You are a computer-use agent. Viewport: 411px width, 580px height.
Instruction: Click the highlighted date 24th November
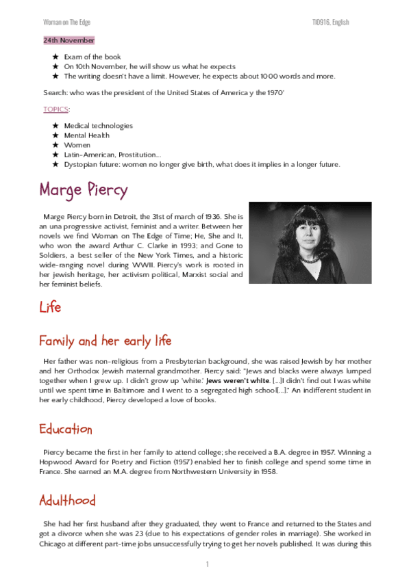point(68,40)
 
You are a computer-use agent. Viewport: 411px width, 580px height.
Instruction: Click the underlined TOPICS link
point(56,109)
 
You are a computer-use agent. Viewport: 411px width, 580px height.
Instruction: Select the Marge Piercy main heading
point(83,189)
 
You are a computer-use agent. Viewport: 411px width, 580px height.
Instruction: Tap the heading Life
point(50,307)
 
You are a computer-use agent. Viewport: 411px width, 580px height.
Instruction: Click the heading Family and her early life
point(105,341)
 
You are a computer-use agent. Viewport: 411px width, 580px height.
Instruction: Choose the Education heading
point(66,430)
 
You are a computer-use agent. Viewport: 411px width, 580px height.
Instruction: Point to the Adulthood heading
point(67,501)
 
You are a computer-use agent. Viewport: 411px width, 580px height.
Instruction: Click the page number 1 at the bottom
point(207,564)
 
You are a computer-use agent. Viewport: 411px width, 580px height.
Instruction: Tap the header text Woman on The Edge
point(66,23)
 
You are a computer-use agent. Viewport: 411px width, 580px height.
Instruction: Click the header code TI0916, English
point(330,23)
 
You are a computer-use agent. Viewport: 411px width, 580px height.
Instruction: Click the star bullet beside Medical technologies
point(55,126)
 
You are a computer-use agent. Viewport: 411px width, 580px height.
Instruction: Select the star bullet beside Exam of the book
point(55,57)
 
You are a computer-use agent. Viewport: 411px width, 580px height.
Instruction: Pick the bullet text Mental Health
point(86,135)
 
